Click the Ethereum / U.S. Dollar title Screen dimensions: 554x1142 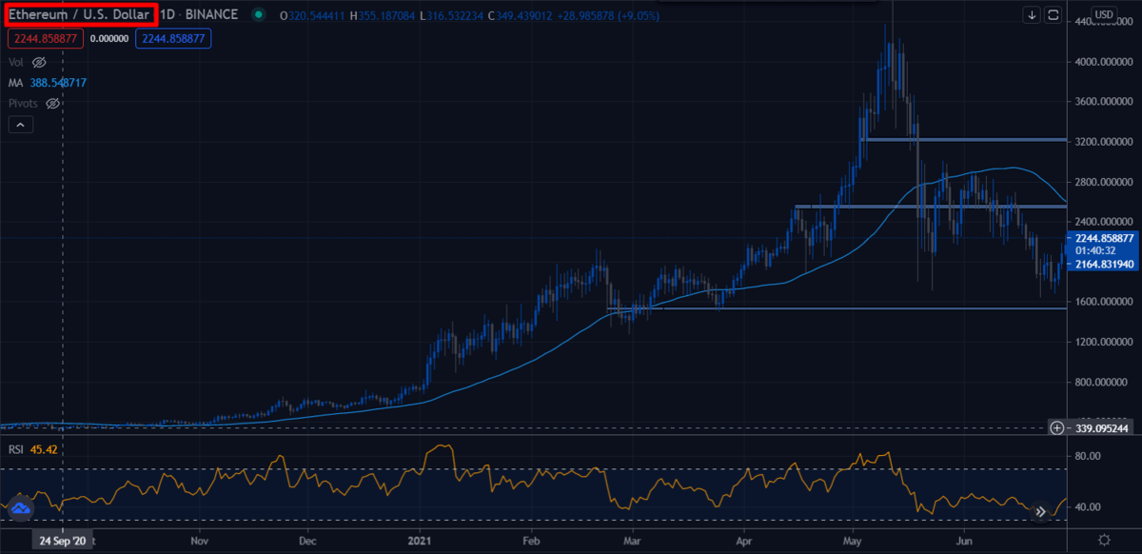pos(79,15)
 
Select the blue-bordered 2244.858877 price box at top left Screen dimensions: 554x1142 pos(173,38)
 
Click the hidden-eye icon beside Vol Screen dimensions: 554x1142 pos(39,62)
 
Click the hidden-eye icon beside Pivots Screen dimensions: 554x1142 pos(53,103)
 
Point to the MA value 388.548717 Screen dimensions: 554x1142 pos(59,83)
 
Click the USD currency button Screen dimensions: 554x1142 pos(1104,14)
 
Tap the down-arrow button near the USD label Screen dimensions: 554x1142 pos(1033,14)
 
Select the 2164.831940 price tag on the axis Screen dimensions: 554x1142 pos(1102,264)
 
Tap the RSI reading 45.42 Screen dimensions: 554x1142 pos(46,449)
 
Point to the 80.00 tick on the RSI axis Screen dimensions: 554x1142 pos(1087,457)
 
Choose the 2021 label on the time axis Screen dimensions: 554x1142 pos(419,540)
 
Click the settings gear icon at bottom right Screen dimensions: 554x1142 pos(1103,540)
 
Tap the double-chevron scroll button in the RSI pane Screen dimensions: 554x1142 pos(1040,511)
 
